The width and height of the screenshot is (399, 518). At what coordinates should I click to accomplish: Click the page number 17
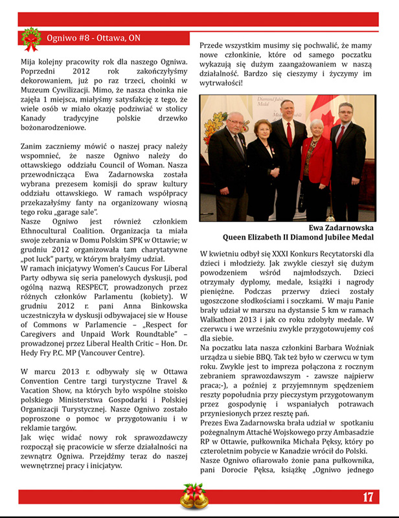[x=368, y=497]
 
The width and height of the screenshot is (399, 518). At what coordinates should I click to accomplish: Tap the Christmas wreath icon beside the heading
[x=30, y=39]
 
